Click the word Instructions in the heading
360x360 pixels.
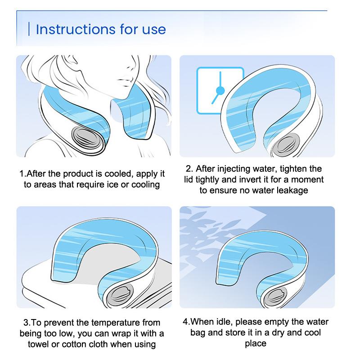click(x=76, y=29)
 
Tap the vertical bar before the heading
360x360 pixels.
click(x=29, y=29)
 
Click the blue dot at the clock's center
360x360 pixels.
click(x=220, y=91)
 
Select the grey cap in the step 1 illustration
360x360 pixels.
click(x=84, y=137)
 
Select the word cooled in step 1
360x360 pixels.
click(x=119, y=174)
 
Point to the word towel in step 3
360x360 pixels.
click(x=38, y=344)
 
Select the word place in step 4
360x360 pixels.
click(x=256, y=343)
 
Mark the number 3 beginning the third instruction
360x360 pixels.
click(x=26, y=323)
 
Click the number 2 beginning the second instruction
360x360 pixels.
click(x=188, y=169)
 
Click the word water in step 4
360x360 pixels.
click(x=317, y=322)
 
